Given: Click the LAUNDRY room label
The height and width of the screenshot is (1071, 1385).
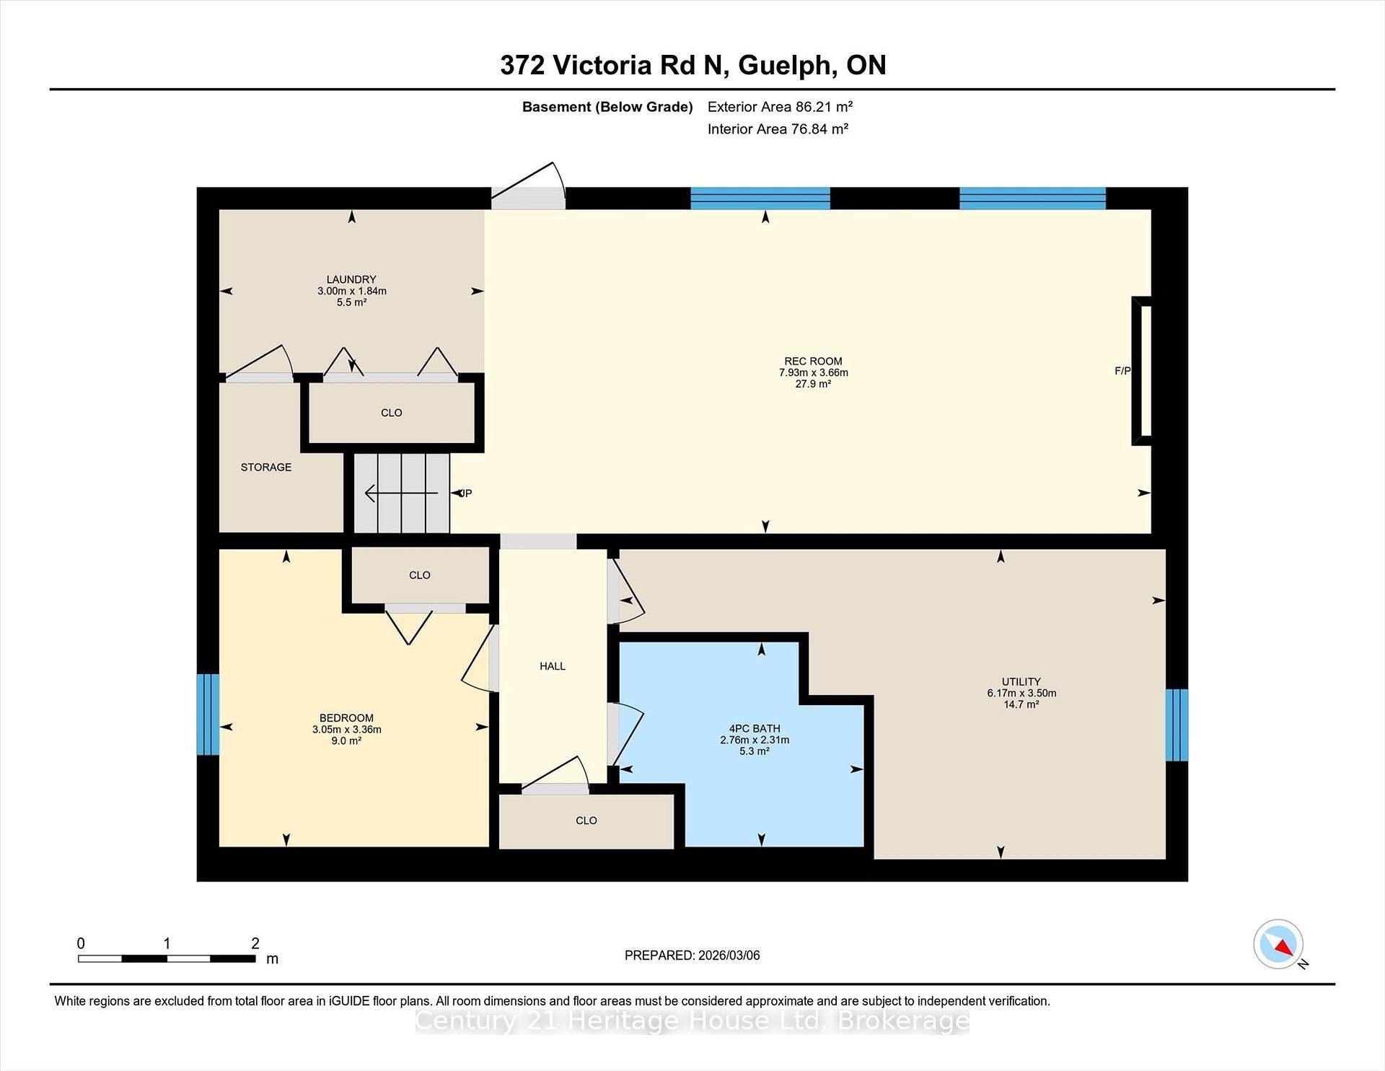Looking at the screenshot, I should point(351,279).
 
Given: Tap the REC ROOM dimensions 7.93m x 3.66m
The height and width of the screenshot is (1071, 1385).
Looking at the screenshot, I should point(813,372).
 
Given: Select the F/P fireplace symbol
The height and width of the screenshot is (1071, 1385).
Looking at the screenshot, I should point(1141,371).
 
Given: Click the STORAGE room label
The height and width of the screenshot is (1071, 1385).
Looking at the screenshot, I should point(266,467).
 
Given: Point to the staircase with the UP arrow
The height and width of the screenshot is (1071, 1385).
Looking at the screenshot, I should point(402,494).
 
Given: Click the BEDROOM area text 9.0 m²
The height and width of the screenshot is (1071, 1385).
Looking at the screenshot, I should point(346,740).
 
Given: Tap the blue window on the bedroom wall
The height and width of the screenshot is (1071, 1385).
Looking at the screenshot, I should point(208,714).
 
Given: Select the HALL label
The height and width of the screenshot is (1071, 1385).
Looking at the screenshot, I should point(553,666).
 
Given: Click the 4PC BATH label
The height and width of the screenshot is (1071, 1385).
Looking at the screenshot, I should point(755,728).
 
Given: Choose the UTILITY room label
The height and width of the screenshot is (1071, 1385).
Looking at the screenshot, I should point(1021,681).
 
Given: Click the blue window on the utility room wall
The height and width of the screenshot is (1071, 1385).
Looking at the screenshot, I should point(1177,725).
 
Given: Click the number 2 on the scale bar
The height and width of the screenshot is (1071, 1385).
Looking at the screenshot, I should point(255,943).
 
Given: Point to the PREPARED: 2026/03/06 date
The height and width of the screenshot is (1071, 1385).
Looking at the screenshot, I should point(692,955).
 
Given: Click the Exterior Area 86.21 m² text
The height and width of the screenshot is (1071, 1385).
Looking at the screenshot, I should point(780,107).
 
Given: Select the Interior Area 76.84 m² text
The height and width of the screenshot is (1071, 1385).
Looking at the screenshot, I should point(778,129).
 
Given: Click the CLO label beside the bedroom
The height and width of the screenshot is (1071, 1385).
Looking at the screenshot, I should point(419,575).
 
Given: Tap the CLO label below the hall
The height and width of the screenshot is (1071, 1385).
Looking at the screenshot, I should point(586,821).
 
